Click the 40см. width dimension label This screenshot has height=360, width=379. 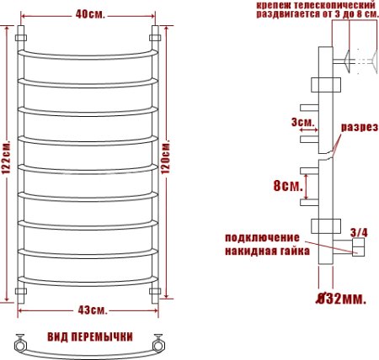(87, 14)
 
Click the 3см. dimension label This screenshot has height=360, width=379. (304, 123)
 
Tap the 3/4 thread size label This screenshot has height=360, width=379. (358, 231)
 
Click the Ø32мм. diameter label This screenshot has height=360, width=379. (340, 299)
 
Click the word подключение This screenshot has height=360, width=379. (263, 238)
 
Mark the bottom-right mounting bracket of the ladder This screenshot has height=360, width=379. (155, 292)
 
